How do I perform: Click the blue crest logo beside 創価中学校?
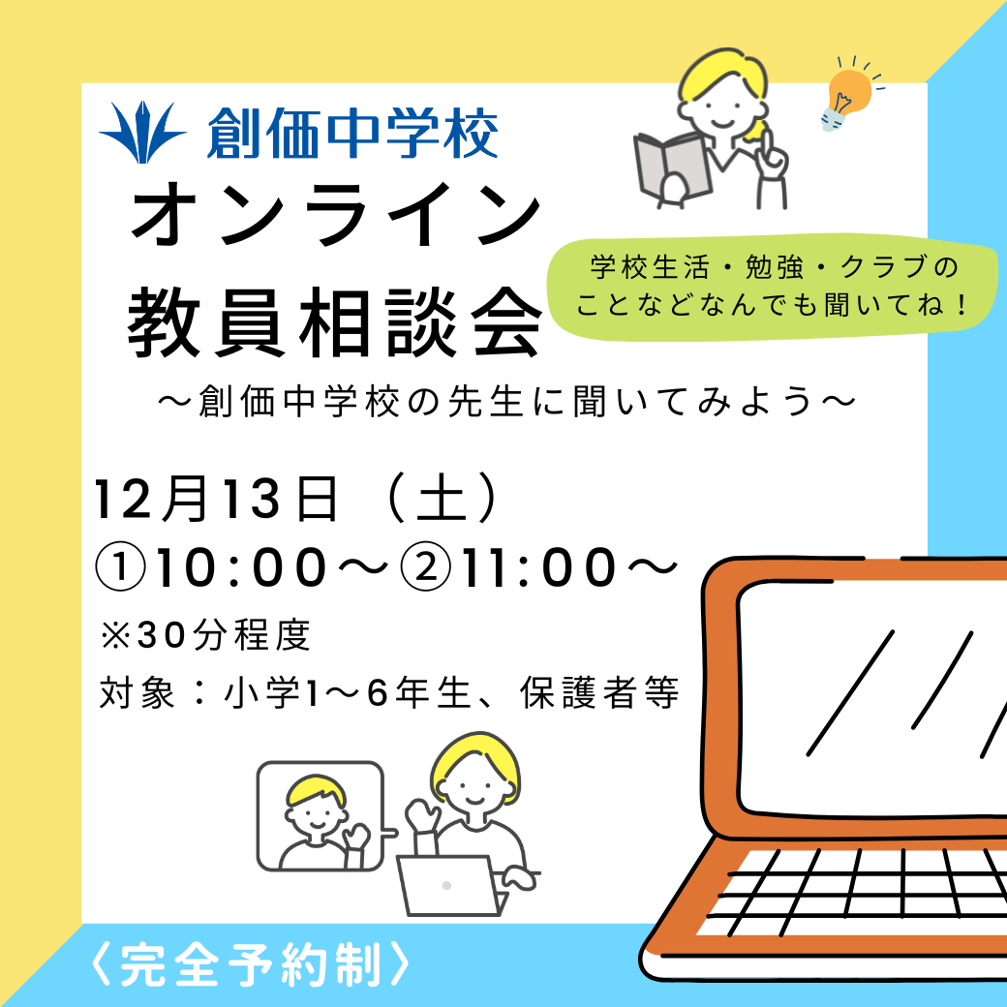tap(142, 132)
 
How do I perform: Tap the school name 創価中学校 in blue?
tap(352, 133)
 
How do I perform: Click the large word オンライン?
tap(336, 214)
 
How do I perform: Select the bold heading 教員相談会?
tap(335, 322)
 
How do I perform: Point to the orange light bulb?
tap(849, 96)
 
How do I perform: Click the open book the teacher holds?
tap(672, 168)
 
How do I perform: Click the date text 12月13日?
tap(216, 499)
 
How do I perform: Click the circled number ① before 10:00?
tap(121, 567)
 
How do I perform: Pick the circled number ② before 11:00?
tap(426, 567)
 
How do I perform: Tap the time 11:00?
tap(538, 567)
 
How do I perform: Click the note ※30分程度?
tap(205, 635)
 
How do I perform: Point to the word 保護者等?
tap(599, 693)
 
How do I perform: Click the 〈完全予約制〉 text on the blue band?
tap(250, 964)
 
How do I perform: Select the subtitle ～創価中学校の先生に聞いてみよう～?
tap(507, 402)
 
